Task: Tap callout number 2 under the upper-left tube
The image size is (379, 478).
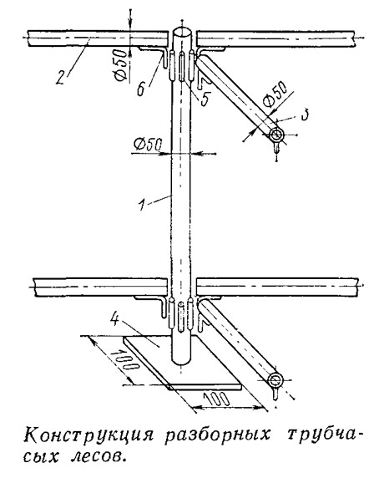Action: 62,76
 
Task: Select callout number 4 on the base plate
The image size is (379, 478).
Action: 115,319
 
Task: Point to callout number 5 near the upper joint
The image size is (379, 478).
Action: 205,99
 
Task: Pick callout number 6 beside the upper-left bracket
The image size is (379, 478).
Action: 141,89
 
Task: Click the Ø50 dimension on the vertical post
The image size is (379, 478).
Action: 148,145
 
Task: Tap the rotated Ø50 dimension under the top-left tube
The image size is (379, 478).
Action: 120,65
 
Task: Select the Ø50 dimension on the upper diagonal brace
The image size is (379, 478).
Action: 275,94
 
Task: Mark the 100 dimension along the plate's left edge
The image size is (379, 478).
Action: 124,360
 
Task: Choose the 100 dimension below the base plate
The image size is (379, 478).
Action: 217,399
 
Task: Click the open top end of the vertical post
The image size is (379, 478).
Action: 182,32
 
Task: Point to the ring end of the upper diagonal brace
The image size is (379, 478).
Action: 276,135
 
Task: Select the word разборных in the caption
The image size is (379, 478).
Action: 218,435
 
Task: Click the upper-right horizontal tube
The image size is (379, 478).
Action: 276,38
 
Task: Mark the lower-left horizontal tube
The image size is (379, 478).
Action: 100,287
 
